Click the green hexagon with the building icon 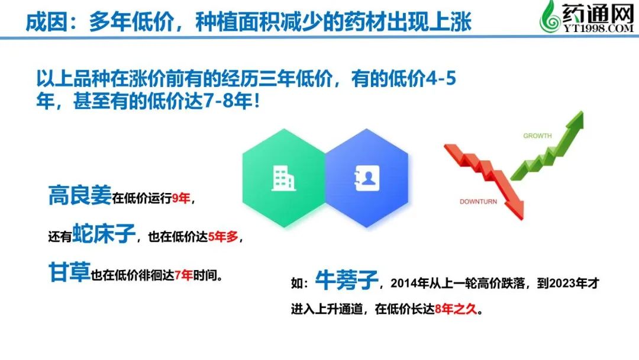point(283,178)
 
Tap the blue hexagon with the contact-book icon point(367,178)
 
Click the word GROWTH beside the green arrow point(537,136)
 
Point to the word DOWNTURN point(478,201)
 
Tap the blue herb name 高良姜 point(80,195)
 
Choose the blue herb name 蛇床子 point(104,234)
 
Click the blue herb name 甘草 point(69,272)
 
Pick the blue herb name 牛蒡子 point(347,280)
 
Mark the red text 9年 point(181,198)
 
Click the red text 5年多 point(223,236)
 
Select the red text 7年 point(183,275)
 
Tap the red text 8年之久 point(456,309)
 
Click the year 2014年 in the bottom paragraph point(409,284)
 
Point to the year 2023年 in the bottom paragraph point(569,284)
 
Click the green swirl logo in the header point(550,17)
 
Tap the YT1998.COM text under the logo point(599,28)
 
